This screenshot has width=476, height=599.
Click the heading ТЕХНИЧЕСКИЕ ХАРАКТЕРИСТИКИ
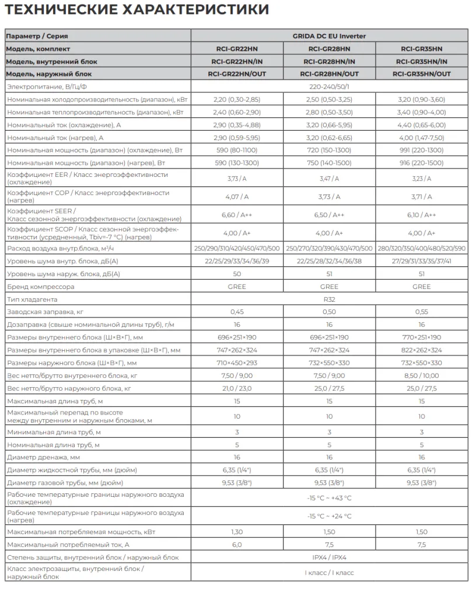138,10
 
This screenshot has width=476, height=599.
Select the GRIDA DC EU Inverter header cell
329,36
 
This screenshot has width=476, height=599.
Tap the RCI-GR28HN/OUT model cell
329,74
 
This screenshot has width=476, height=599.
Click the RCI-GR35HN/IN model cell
421,61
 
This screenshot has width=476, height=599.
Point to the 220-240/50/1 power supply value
329,87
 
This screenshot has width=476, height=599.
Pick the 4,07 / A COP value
237,197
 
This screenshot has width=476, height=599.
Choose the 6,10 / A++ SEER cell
421,215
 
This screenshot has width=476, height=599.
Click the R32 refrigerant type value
329,299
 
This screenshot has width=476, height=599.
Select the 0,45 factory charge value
237,312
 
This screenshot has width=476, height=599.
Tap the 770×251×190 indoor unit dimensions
421,337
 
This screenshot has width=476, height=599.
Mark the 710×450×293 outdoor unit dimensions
237,363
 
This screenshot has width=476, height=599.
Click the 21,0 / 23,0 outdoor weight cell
237,388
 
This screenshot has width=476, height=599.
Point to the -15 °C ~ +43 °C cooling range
329,498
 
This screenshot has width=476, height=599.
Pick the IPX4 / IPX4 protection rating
329,558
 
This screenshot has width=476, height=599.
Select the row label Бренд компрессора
40,287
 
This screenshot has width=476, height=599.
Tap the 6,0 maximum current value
237,545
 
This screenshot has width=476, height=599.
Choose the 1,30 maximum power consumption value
237,532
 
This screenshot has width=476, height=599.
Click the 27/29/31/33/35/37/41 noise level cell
421,261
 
